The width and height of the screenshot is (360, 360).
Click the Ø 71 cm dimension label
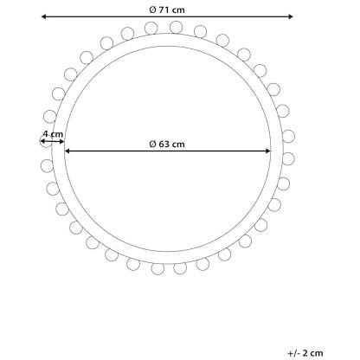pyautogui.click(x=167, y=10)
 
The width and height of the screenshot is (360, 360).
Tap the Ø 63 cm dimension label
pyautogui.click(x=167, y=144)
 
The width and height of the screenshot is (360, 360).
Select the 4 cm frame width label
pyautogui.click(x=53, y=134)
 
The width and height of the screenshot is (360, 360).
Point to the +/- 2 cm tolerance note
pyautogui.click(x=305, y=353)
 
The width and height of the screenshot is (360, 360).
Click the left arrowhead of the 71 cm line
pyautogui.click(x=44, y=16)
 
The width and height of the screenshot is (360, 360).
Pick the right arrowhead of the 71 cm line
pyautogui.click(x=291, y=16)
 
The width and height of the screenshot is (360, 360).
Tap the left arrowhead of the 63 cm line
pyautogui.click(x=67, y=151)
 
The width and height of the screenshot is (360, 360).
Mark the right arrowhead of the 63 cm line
pyautogui.click(x=268, y=151)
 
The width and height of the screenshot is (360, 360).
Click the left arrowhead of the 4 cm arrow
pyautogui.click(x=42, y=141)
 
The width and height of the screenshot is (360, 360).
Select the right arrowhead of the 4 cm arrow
pyautogui.click(x=61, y=141)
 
